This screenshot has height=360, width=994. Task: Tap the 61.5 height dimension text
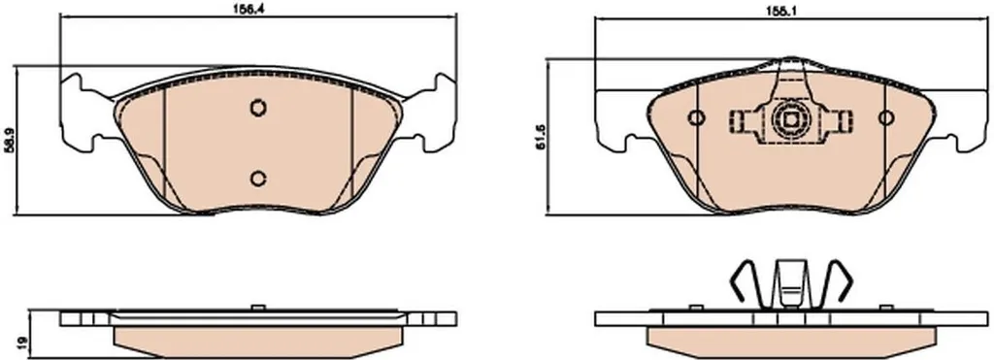540,146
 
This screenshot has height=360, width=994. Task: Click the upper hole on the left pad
257,109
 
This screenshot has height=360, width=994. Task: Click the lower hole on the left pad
257,179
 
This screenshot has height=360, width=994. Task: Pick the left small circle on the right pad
696,117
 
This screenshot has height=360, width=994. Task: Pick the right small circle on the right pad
885,117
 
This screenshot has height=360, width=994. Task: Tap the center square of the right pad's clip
790,119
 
